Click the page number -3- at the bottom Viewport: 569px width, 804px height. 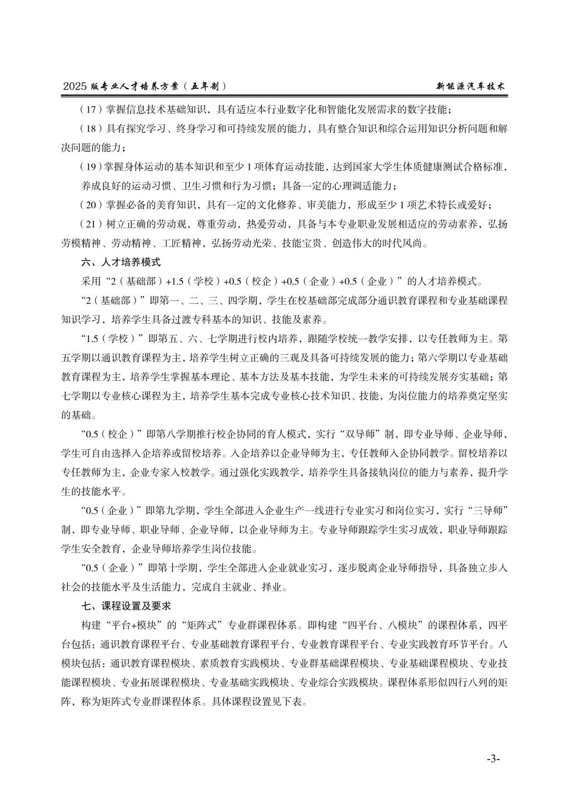click(493, 758)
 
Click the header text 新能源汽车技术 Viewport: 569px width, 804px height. click(471, 87)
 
